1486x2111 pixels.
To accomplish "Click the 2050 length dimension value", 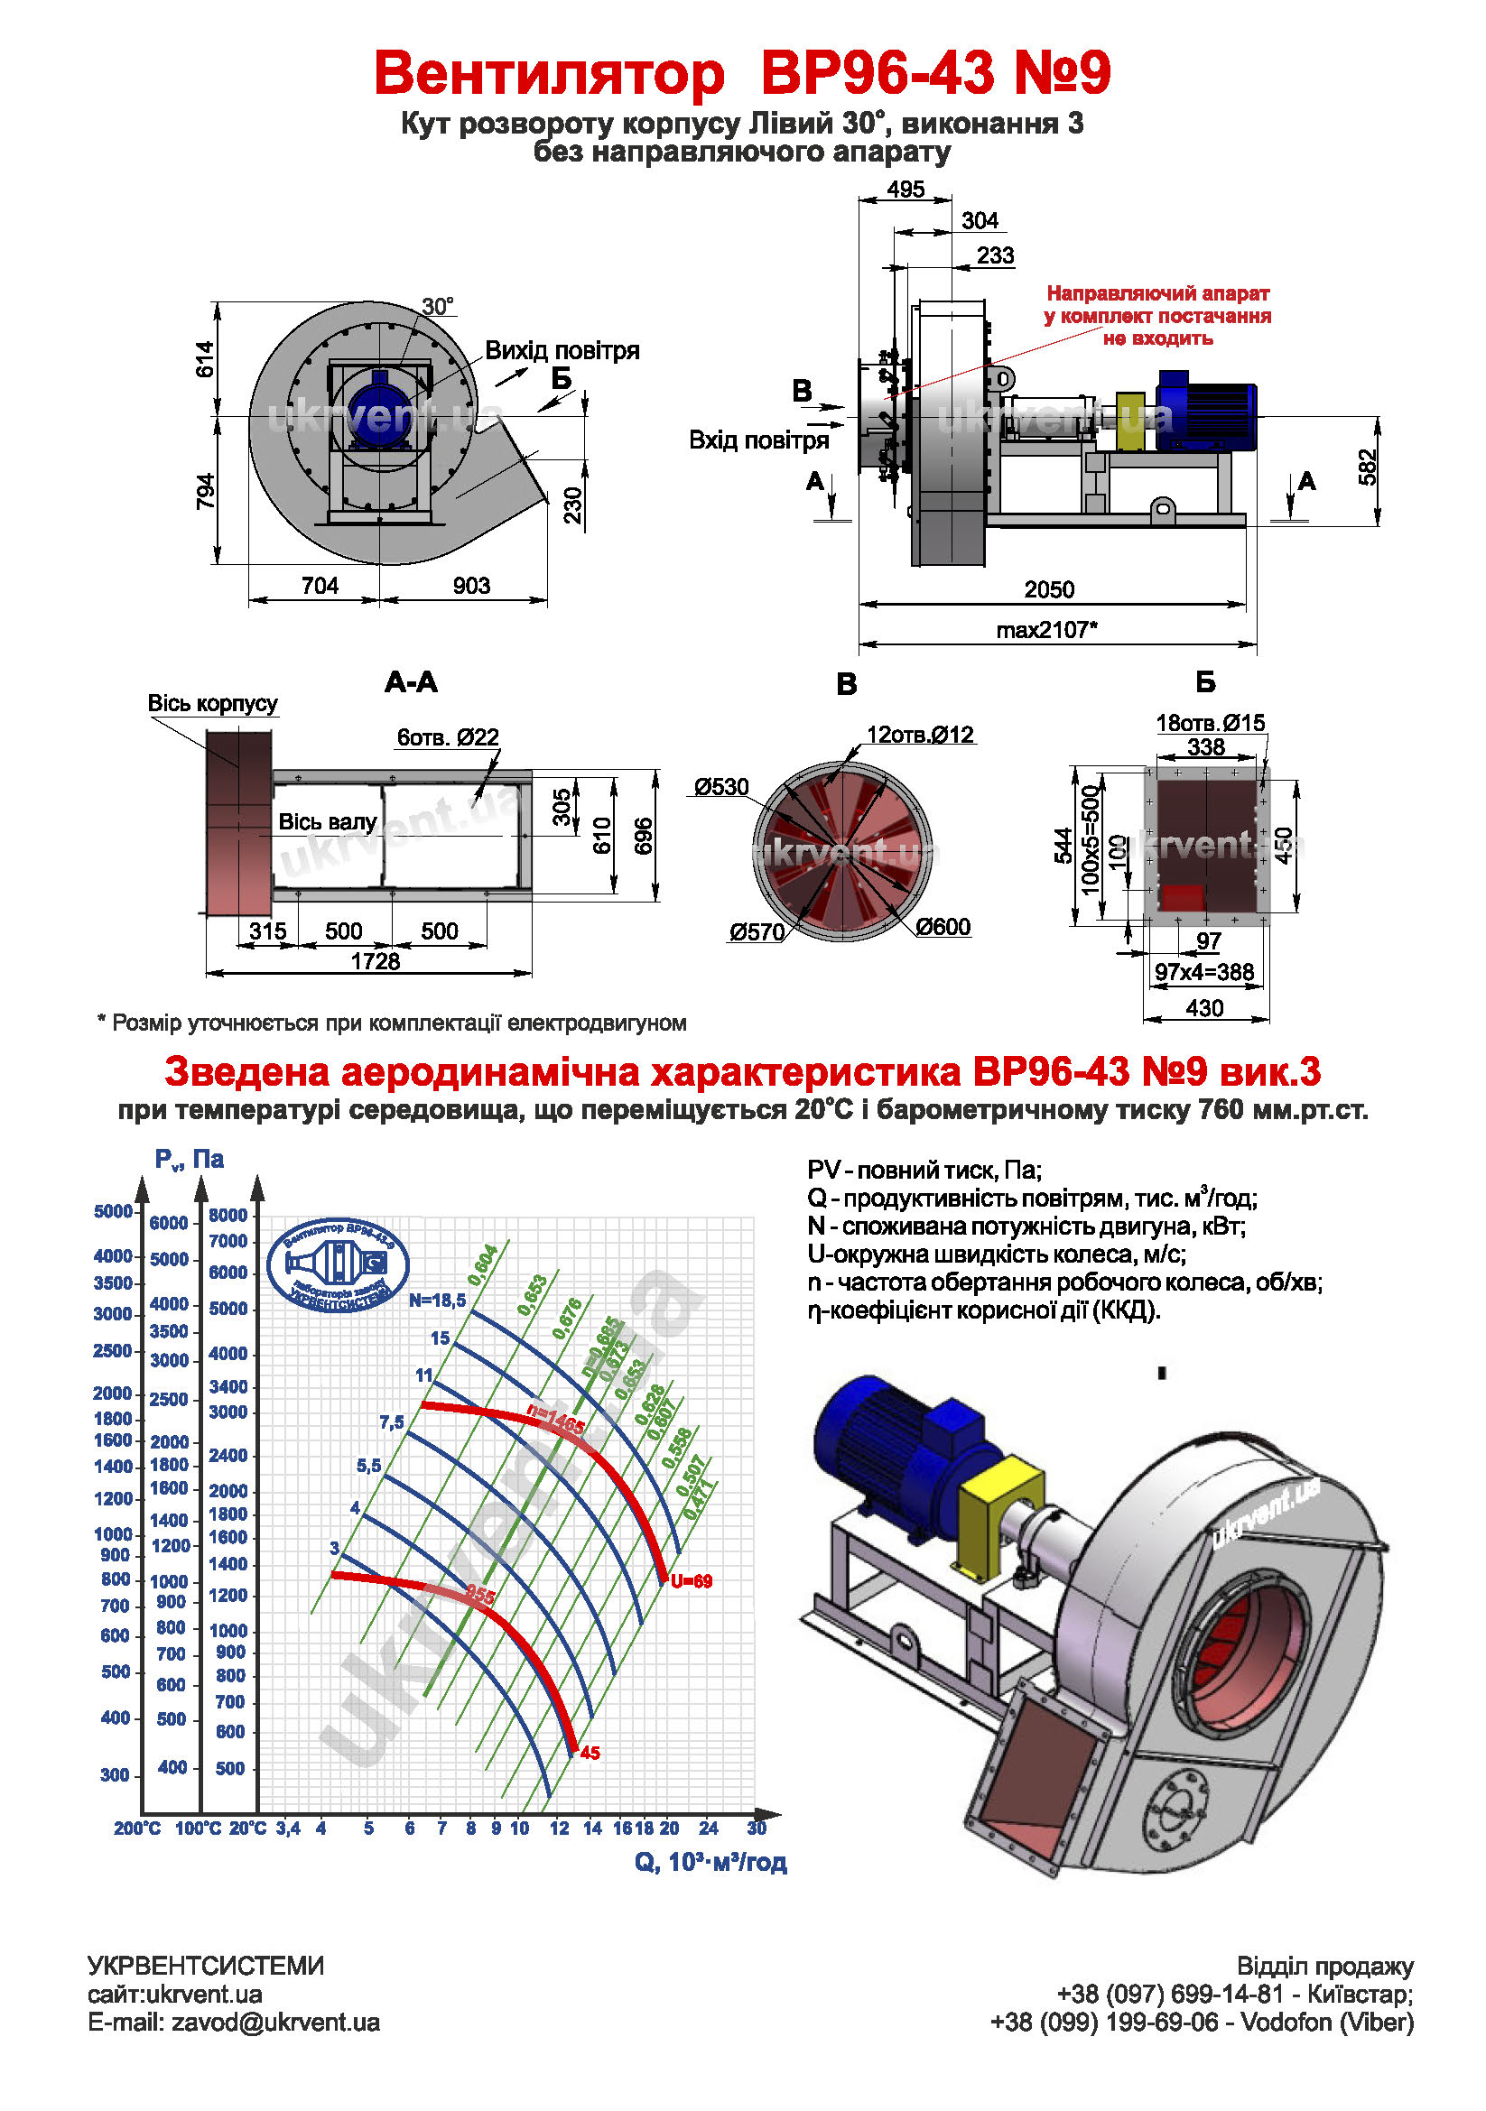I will [x=1048, y=589].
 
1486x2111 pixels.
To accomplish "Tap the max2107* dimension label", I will [x=1046, y=630].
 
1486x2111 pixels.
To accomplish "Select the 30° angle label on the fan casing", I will [x=438, y=306].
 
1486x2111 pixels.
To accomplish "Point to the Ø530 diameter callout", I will [x=721, y=787].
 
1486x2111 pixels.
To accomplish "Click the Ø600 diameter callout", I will [x=943, y=927].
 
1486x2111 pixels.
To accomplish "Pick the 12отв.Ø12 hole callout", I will [x=920, y=735].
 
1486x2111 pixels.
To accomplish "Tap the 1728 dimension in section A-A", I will [x=376, y=961].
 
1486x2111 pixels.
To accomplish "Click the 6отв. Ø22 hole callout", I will [x=448, y=736].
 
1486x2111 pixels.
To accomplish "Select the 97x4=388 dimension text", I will [x=1203, y=972].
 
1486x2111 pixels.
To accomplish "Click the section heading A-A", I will [x=411, y=682].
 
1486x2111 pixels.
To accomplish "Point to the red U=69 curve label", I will [x=691, y=1581].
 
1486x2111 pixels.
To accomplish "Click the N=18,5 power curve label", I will [x=437, y=1300].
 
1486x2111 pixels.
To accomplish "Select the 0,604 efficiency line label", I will [x=483, y=1265].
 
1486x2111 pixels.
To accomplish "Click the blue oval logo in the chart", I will [x=338, y=1266].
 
